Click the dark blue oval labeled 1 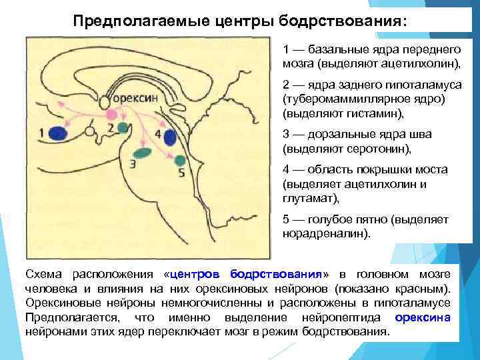[58, 133]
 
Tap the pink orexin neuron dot [111, 115]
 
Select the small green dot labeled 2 [123, 127]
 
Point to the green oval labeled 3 [143, 153]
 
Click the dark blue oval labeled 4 [170, 137]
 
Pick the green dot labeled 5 [180, 160]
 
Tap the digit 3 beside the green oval [133, 164]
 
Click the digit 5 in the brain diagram [182, 173]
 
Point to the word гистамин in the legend [375, 113]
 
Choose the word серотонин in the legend [379, 149]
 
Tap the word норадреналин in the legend [326, 234]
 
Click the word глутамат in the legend [311, 199]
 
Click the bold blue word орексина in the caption [423, 317]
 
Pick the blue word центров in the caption [195, 274]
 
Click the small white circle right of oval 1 [89, 131]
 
